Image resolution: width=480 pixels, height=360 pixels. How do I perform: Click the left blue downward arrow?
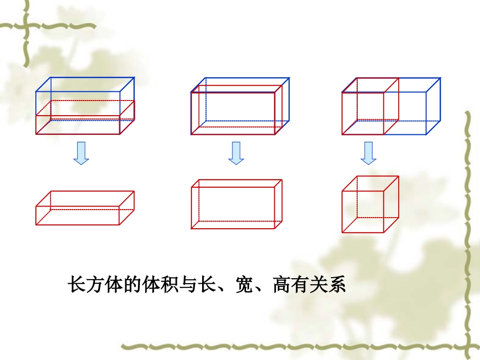click(x=81, y=152)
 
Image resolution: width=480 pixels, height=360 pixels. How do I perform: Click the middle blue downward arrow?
click(x=235, y=152)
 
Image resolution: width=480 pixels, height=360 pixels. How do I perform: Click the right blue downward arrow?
click(x=368, y=152)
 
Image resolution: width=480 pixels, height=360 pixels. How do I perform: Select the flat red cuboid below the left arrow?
click(x=85, y=208)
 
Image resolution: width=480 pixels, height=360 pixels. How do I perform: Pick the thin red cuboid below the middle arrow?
click(x=236, y=204)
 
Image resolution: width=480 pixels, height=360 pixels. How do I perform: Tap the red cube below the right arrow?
click(x=370, y=204)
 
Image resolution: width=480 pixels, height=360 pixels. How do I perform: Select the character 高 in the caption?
click(x=282, y=285)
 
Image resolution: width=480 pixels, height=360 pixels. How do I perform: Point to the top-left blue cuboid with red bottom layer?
click(x=85, y=106)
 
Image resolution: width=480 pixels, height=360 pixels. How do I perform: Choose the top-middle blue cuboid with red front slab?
click(x=240, y=106)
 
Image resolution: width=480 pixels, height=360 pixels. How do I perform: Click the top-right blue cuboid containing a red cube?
click(x=391, y=106)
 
